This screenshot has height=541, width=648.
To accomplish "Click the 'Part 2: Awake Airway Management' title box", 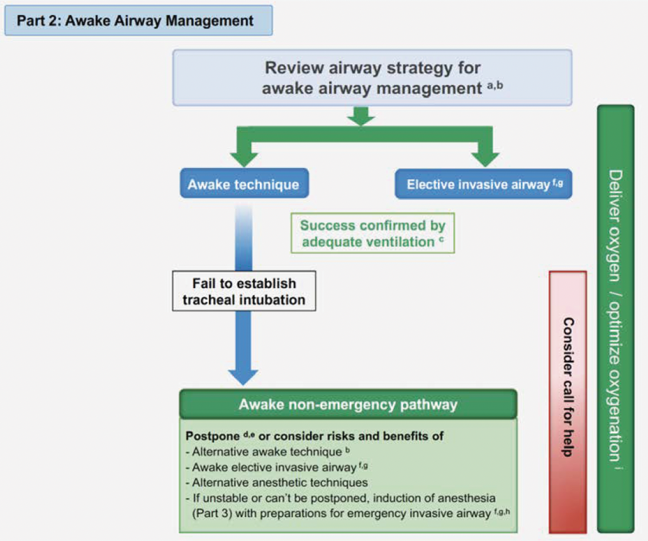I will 138,20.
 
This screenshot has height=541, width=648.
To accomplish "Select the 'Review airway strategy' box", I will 372,77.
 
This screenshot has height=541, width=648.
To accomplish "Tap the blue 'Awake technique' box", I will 243,184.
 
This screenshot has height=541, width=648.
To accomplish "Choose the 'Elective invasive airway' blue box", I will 483,184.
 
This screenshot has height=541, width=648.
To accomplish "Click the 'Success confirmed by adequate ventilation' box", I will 373,233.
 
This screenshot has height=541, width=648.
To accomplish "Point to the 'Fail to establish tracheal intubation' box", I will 243,291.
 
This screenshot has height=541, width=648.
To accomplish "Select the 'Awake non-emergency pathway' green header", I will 348,404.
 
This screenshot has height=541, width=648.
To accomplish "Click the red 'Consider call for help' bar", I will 567,401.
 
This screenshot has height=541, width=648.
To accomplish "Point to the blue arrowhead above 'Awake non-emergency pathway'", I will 243,374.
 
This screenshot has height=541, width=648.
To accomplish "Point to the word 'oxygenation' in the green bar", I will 616,396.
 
